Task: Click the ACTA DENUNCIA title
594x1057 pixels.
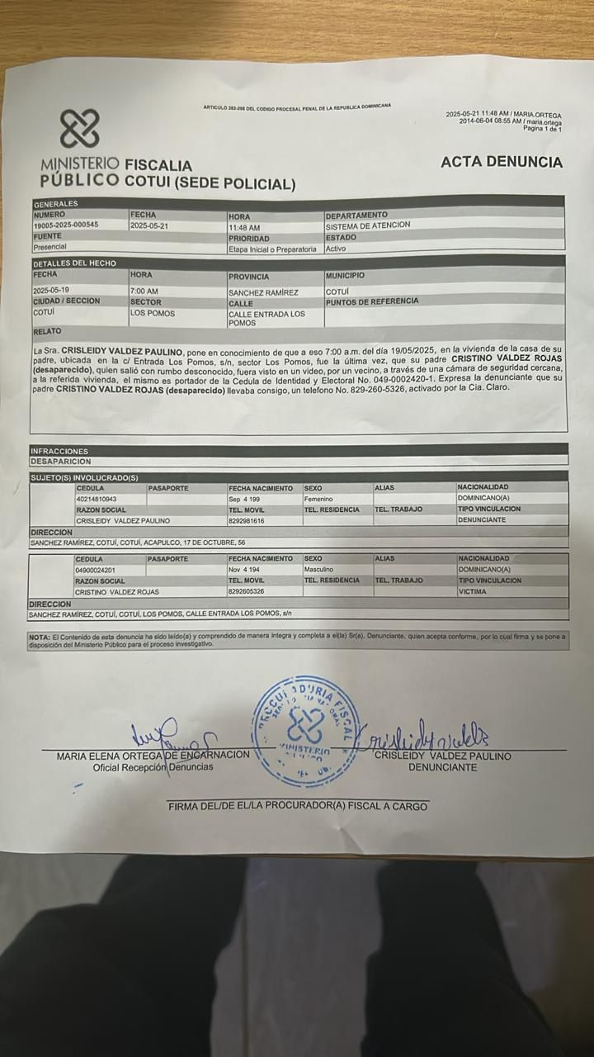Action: [x=501, y=162]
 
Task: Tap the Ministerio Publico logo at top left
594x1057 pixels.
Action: [x=79, y=129]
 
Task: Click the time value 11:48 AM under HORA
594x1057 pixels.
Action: [x=244, y=227]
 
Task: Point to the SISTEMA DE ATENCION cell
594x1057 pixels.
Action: [x=367, y=225]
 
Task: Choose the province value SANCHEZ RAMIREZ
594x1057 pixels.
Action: [x=263, y=292]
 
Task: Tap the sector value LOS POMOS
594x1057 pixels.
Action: [x=153, y=314]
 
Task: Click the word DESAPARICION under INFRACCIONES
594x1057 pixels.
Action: [x=60, y=462]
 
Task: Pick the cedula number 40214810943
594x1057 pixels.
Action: [x=96, y=500]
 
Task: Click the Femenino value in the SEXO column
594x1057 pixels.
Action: [x=318, y=500]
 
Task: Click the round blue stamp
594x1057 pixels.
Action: [x=306, y=730]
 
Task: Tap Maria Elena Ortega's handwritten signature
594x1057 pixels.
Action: [x=169, y=732]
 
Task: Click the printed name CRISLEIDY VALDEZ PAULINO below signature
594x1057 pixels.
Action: [x=442, y=756]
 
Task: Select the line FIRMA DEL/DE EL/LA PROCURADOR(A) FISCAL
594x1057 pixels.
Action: [x=298, y=806]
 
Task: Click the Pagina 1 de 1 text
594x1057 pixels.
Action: [x=542, y=129]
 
